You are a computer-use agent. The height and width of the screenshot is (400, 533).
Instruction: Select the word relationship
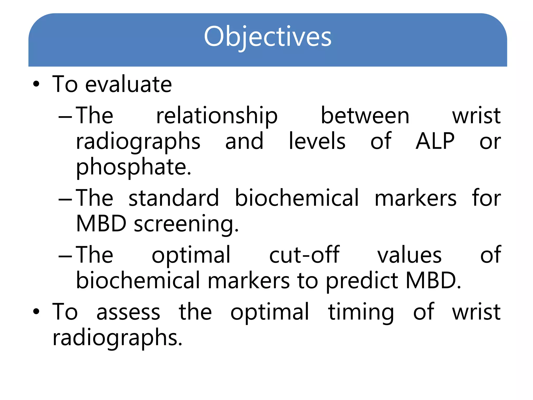point(217,116)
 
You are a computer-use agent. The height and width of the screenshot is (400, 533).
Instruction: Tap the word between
point(365,116)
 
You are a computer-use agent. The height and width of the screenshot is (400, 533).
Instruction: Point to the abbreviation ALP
point(435,141)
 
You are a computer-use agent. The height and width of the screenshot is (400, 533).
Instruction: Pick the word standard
point(174,198)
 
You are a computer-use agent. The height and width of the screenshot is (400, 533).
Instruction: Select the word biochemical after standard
point(297,198)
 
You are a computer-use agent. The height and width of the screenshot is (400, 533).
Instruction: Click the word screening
point(186,224)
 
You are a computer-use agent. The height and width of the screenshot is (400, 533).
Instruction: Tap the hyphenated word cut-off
point(304,255)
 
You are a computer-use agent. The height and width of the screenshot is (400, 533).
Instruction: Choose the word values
point(409,255)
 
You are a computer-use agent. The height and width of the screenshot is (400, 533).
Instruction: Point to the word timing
point(361,312)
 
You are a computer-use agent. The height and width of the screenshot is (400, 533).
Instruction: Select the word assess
point(128,312)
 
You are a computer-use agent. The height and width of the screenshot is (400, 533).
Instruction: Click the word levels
point(317,141)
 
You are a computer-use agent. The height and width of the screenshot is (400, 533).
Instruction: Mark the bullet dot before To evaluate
point(36,84)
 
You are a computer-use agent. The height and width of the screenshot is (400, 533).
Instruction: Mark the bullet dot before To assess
point(36,312)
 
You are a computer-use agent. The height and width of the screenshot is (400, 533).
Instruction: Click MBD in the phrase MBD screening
point(101,224)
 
